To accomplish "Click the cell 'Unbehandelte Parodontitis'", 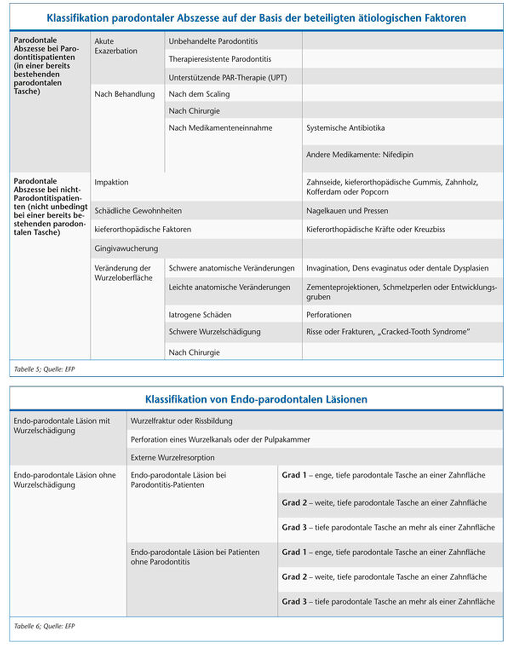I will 213,41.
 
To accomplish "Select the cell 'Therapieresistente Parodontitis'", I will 220,59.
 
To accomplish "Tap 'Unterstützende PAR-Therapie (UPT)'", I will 228,78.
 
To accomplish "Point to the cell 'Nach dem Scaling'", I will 199,94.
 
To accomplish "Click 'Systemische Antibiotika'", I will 345,128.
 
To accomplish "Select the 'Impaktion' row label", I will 111,182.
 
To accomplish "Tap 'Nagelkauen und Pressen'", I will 347,211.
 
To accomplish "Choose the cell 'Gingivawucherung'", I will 126,248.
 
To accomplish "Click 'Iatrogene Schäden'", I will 200,315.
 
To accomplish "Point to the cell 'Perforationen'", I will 329,315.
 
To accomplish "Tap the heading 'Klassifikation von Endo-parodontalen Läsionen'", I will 256,399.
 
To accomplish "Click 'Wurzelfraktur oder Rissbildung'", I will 181,421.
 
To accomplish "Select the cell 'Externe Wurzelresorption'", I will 172,457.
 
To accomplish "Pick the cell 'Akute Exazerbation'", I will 116,46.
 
